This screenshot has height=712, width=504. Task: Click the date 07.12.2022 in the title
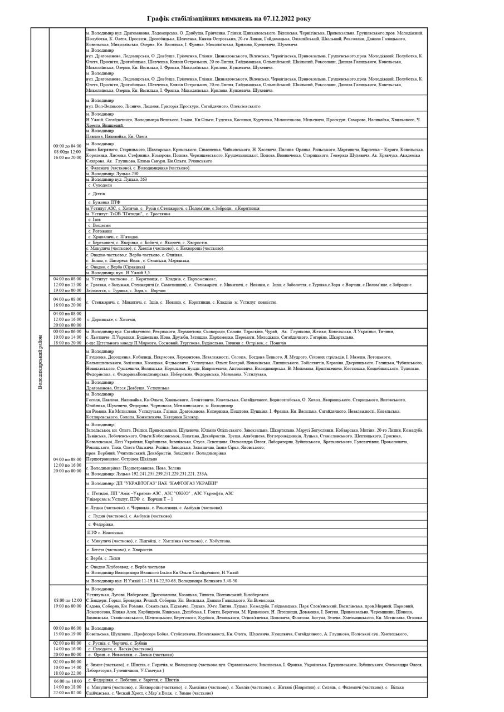coord(281,18)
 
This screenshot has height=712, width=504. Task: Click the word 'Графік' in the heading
coord(167,18)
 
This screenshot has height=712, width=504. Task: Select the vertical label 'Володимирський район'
coord(40,362)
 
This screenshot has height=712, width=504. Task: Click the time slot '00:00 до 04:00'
coord(67,146)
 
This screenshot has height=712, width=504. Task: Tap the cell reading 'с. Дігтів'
coord(97,194)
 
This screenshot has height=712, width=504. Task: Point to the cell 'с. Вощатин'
coord(100,225)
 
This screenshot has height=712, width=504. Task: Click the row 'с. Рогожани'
coord(100,231)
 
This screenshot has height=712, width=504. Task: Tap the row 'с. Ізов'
coord(95,219)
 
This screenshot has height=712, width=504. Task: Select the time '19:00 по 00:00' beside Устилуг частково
coord(67,290)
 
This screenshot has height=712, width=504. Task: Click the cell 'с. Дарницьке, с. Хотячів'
coord(112,319)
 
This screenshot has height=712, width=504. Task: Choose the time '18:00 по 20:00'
coord(67,343)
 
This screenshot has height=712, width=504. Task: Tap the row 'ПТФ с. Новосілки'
coord(105,532)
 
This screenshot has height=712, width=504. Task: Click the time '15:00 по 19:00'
coord(67,634)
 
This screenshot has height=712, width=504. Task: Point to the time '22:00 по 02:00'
coord(67,693)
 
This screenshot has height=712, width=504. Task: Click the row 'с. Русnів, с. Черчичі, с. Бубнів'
coord(118,643)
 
